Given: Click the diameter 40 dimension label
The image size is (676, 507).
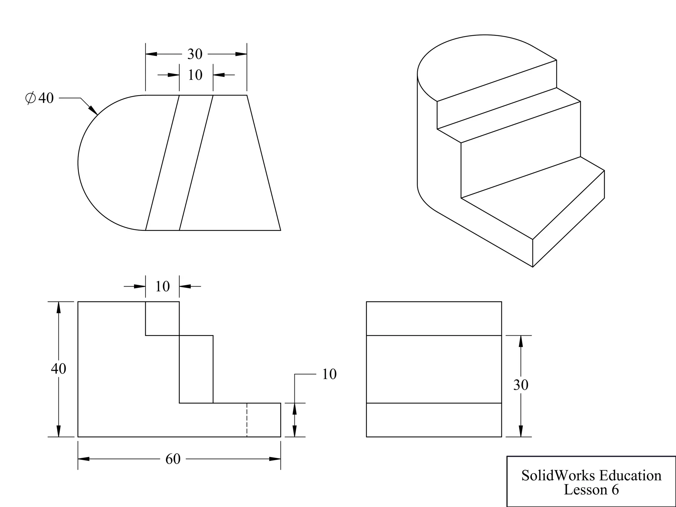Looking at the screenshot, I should point(40,98).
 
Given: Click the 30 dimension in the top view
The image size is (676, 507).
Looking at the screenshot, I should point(195,54).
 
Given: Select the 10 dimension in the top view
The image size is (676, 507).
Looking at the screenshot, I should point(195,75).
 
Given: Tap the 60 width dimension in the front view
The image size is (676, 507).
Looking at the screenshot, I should point(173,459).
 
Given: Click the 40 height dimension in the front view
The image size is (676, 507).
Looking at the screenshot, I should point(58,368).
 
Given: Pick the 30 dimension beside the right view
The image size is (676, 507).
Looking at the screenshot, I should point(521,385).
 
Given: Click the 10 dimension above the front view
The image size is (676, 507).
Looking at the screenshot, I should point(162,286).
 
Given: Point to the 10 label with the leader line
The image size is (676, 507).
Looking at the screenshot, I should point(329,374).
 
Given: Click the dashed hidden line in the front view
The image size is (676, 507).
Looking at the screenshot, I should point(247,420).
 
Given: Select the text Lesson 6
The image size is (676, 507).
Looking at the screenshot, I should point(591,490).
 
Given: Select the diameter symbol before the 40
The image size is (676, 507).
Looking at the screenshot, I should point(30,98).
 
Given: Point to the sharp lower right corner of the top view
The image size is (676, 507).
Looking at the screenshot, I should point(280,230).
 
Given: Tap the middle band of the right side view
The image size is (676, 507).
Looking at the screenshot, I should point(434,369).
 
